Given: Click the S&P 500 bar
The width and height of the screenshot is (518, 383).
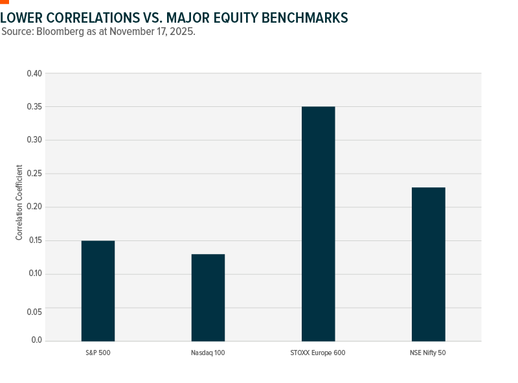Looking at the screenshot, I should coord(98,290).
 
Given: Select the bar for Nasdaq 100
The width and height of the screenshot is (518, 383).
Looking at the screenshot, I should coord(208,297).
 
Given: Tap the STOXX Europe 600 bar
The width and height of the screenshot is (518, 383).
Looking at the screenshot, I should coord(318,224).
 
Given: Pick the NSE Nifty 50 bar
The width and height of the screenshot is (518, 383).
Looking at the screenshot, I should coord(428,264).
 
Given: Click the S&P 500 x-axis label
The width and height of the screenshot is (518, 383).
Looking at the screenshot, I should coord(98,353).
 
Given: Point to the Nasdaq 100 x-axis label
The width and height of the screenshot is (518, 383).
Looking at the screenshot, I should coord(208,353).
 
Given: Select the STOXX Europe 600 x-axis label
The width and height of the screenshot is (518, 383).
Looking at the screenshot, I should coord(318,353).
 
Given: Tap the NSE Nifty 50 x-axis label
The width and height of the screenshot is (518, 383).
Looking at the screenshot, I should coord(428,353).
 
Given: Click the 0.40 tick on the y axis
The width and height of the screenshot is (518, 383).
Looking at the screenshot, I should coord(34,73).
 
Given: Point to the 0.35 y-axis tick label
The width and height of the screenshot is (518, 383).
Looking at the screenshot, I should coord(34,106).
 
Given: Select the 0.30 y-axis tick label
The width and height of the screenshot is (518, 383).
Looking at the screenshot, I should coord(34,140).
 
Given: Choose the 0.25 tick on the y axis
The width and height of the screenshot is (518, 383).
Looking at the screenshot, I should coord(34,174).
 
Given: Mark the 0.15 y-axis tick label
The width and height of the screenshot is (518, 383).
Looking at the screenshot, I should coord(34,240).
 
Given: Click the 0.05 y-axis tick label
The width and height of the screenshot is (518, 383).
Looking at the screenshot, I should coord(34,312).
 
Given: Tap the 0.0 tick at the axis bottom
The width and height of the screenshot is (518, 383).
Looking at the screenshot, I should coord(36,340).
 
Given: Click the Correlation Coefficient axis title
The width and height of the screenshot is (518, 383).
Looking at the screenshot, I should coord(19,202).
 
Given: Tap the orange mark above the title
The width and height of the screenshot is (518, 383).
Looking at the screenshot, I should coord(5,2).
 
